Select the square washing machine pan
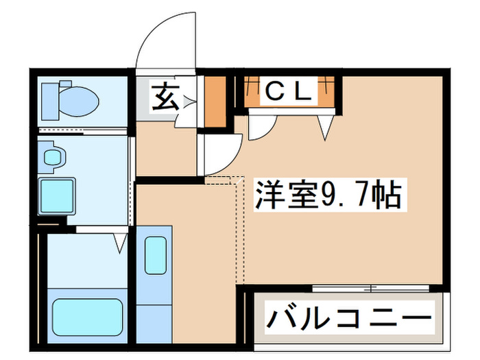(57, 195)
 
